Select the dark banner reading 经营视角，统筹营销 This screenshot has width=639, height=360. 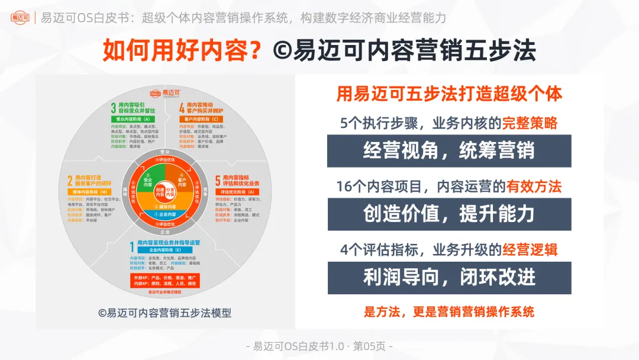448,150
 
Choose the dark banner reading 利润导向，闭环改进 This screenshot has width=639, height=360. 448,277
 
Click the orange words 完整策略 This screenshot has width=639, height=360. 530,123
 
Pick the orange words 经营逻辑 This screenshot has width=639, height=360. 530,250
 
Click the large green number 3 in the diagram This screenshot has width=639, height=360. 113,108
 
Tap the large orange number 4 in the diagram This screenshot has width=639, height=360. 182,108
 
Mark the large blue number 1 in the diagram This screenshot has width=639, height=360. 132,245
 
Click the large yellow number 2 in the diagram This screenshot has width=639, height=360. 70,181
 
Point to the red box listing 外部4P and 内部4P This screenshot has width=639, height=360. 164,281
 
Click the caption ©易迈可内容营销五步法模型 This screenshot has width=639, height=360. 164,313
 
